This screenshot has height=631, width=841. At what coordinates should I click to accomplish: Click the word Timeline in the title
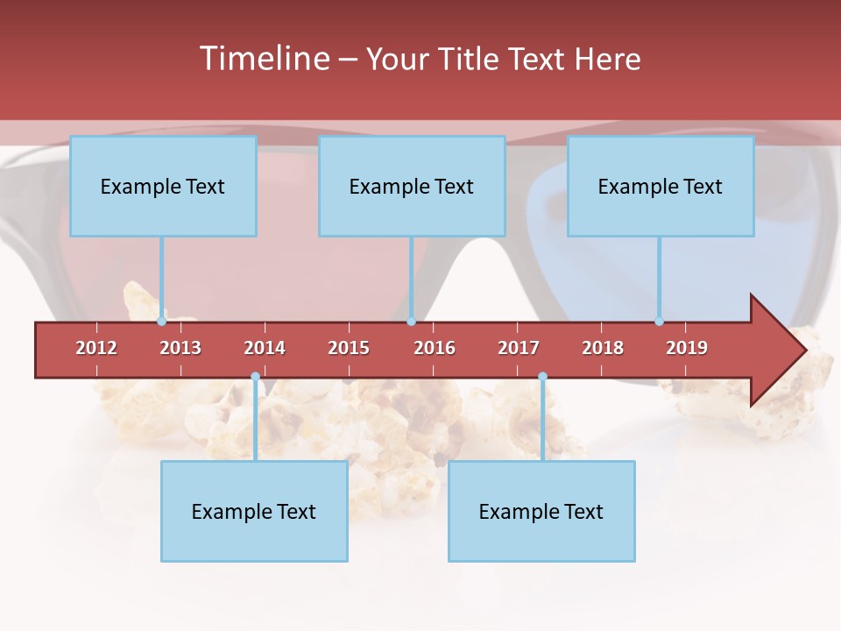pos(263,59)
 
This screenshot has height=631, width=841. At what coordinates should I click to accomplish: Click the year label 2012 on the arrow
pos(96,348)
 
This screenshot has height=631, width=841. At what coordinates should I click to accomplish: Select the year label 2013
pos(180,348)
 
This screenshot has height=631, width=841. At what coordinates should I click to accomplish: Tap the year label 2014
pos(265,348)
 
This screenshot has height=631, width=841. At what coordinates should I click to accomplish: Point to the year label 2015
pos(349,348)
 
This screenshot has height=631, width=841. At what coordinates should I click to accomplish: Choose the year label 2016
pos(435,348)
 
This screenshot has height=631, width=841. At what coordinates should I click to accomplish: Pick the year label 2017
pos(519,348)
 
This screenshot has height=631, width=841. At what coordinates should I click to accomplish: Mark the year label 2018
pos(603,348)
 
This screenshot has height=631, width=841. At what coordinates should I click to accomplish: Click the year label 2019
pos(687,348)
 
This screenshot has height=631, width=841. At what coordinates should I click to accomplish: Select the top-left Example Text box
pos(163,186)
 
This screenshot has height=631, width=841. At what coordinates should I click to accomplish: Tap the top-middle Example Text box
pos(412,186)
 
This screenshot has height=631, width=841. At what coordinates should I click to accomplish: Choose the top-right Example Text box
pos(661,186)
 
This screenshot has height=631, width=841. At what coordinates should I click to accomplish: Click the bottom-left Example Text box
pos(254,511)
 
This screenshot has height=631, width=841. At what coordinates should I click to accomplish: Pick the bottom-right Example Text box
pos(541,511)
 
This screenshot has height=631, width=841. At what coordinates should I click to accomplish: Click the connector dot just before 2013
pos(162,321)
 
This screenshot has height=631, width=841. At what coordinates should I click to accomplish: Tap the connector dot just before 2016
pos(411,321)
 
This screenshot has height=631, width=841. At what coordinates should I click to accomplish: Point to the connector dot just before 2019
pos(660,321)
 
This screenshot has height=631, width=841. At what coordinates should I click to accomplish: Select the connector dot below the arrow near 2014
pos(255,377)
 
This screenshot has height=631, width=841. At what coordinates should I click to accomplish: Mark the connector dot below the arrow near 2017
pos(542,377)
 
